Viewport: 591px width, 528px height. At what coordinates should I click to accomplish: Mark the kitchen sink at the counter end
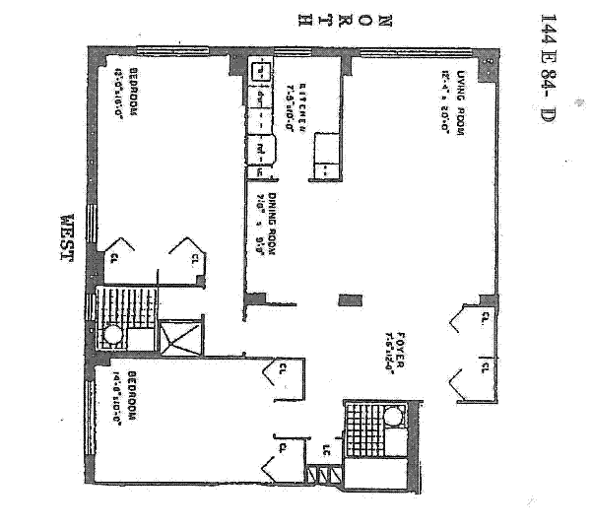coord(260,72)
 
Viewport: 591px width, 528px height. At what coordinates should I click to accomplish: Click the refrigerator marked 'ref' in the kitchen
coord(262,150)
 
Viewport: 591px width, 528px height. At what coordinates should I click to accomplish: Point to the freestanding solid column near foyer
coord(345,299)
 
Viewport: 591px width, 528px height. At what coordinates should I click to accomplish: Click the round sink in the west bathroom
coord(114,335)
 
